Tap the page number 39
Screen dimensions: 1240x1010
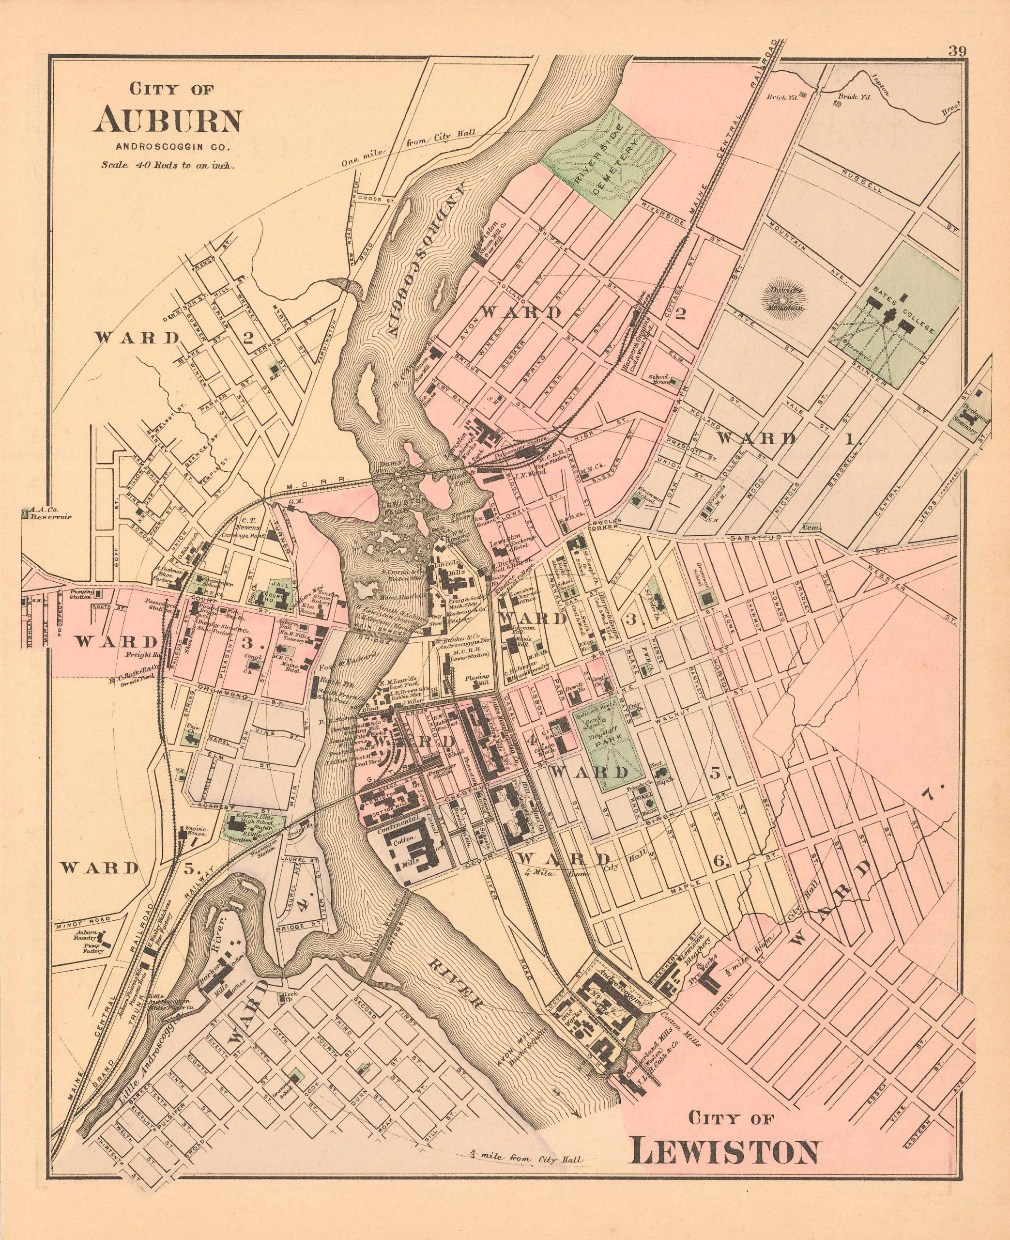point(958,51)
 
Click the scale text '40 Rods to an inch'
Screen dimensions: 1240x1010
point(168,165)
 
